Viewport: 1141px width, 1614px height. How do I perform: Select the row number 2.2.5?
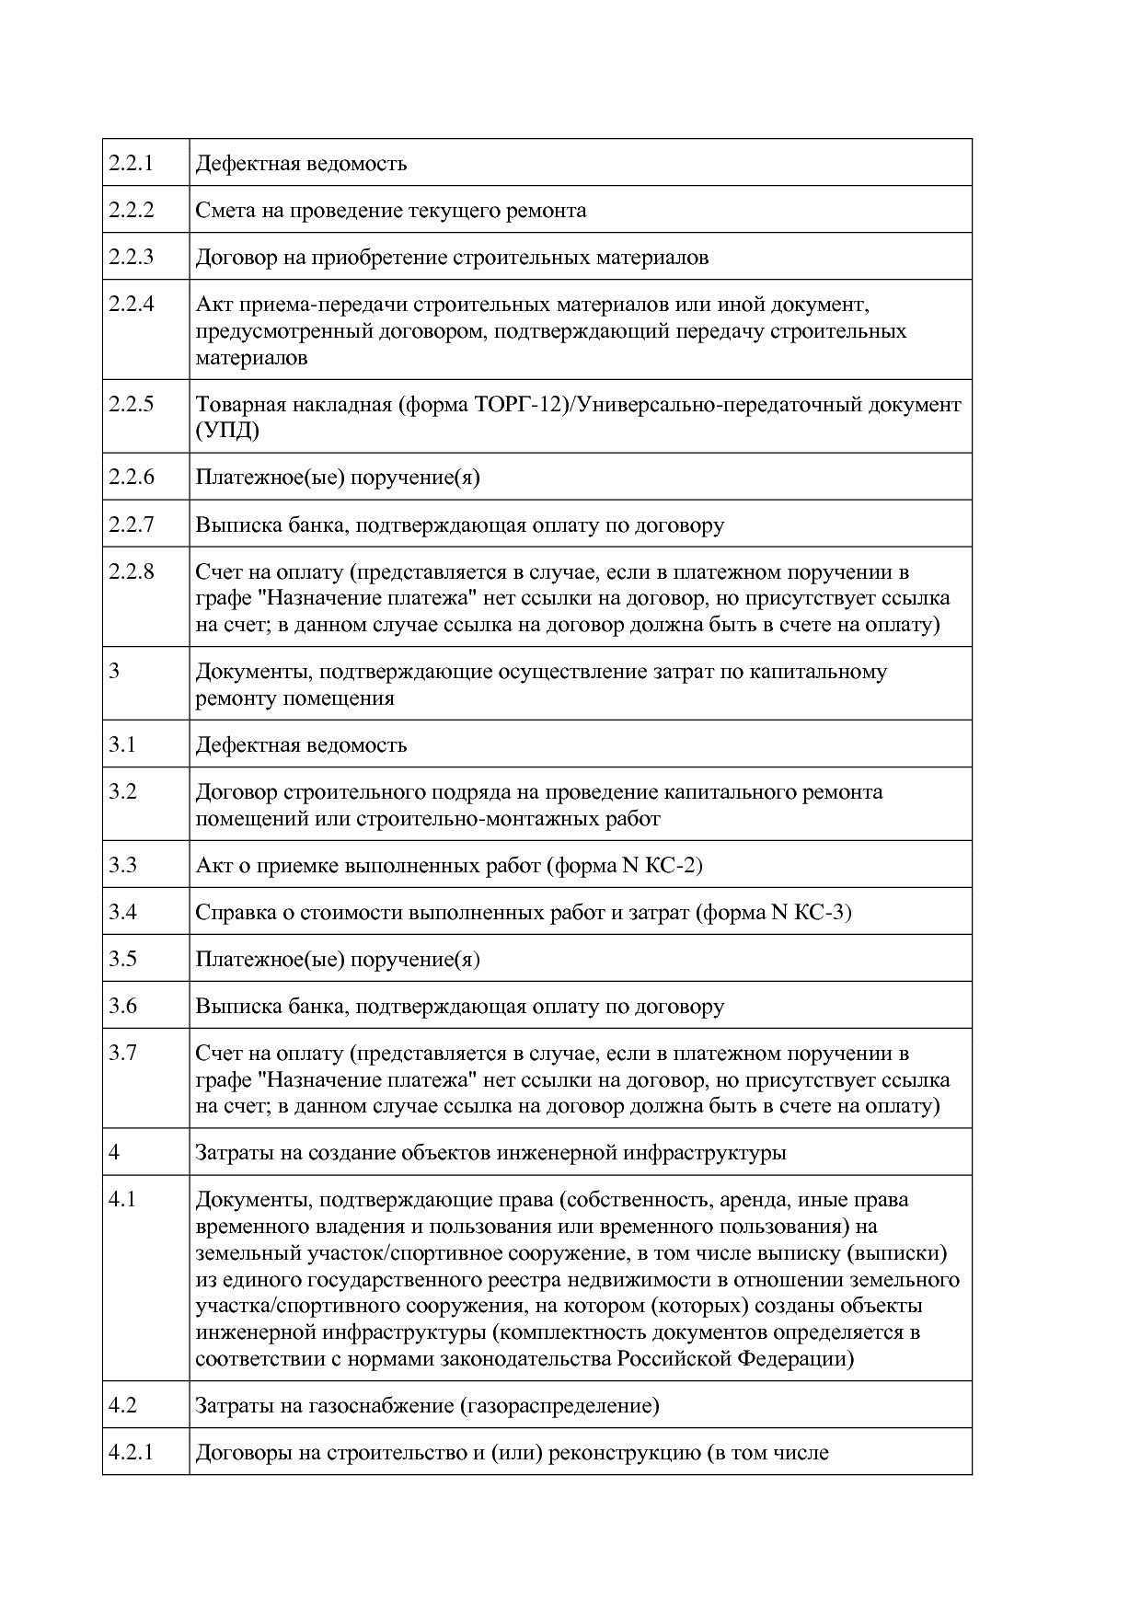pyautogui.click(x=131, y=403)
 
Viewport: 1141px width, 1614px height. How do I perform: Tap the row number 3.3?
pyautogui.click(x=122, y=864)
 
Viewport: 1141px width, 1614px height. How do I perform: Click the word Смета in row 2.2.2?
pyautogui.click(x=222, y=210)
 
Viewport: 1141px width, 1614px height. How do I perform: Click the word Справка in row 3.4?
pyautogui.click(x=235, y=912)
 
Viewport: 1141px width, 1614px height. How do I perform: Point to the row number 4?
pyautogui.click(x=114, y=1152)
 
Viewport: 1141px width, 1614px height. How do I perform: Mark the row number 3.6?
pyautogui.click(x=122, y=1006)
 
